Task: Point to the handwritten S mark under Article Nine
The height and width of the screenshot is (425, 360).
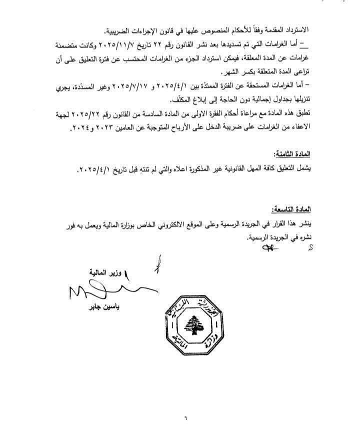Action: (x=310, y=246)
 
